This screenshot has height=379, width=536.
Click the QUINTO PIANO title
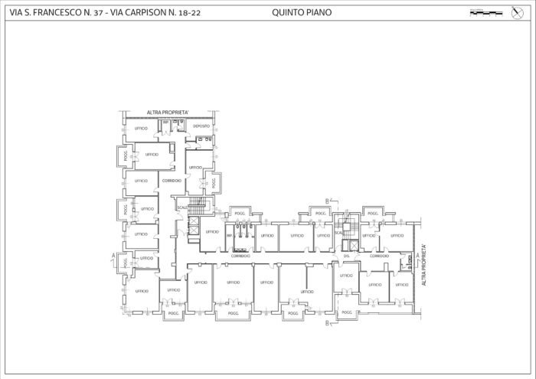tap(301, 12)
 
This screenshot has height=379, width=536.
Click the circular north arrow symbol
tap(515, 12)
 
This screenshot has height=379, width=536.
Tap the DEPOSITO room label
tap(201, 126)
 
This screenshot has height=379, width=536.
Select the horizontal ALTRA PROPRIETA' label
tap(168, 113)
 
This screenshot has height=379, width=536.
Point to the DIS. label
tap(347, 256)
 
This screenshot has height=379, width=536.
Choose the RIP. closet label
tap(228, 236)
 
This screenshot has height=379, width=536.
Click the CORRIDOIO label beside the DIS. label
tap(379, 256)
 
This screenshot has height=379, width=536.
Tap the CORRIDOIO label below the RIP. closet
tap(240, 256)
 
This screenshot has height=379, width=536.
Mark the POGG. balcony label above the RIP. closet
tap(240, 213)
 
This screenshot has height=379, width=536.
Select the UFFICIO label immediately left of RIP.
tap(211, 232)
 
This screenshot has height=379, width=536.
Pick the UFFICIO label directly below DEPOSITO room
tap(195, 167)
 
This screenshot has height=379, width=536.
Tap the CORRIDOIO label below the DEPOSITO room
tap(172, 181)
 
